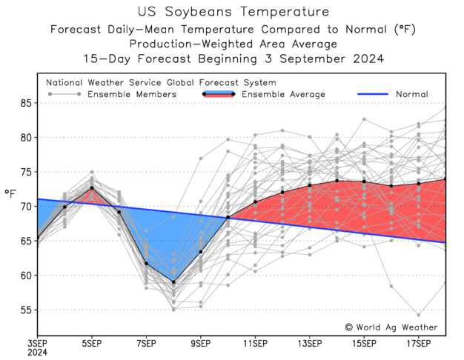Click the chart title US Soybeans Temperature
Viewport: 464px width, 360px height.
pos(232,12)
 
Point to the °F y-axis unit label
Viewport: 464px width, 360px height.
pos(10,194)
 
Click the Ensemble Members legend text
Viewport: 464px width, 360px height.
pos(132,94)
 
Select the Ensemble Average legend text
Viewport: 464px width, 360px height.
pos(283,94)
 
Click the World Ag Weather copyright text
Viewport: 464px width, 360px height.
pos(391,327)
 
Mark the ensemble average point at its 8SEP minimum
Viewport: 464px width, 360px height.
pos(173,282)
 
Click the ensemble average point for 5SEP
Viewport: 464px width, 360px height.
pos(92,188)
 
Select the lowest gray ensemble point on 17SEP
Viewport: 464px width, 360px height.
pos(418,315)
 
